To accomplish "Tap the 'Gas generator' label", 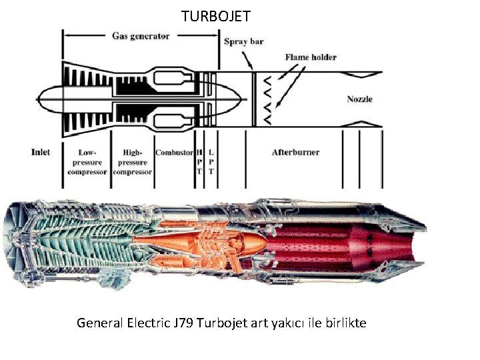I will (141, 36).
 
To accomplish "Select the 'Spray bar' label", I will (243, 41).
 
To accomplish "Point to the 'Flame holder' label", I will (311, 57).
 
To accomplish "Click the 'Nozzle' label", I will (359, 99).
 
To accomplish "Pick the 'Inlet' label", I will (41, 152).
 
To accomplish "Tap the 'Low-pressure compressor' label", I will (87, 162).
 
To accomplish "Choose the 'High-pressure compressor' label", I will (133, 162).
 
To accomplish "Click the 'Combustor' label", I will (174, 153).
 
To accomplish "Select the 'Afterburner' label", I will (295, 153).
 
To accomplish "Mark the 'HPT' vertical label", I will (199, 161).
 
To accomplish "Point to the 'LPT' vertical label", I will (211, 161).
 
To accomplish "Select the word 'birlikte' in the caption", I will (345, 323).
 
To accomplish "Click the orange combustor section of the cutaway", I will (200, 240).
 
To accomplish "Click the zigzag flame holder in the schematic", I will (266, 99).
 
